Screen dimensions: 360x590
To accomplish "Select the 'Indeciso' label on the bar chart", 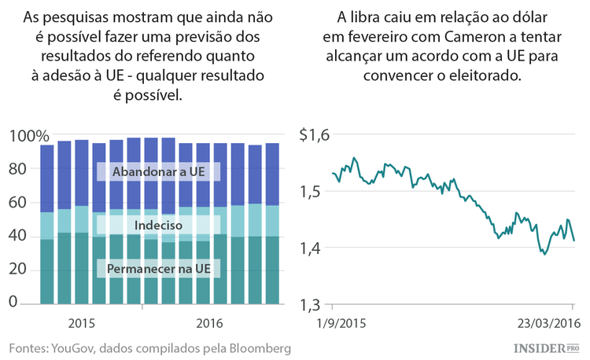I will (x=157, y=225).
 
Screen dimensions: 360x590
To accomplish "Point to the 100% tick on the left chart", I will (x=28, y=136).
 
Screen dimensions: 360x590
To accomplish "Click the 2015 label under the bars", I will (x=82, y=322).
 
